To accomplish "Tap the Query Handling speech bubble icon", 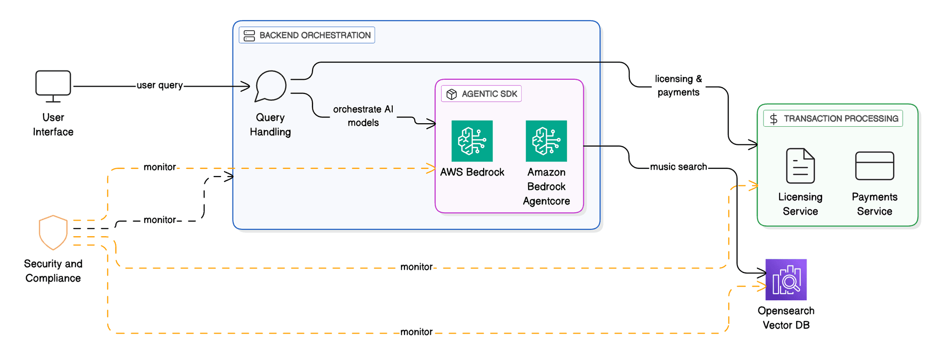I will coord(270,86).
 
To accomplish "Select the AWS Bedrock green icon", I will coord(472,141).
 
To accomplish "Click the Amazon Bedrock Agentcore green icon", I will coord(546,141).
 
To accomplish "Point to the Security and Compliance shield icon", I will coord(53,232).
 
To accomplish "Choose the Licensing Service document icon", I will coord(800,166).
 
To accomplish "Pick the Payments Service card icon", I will coord(874,166).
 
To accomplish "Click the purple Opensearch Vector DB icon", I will coord(786,280).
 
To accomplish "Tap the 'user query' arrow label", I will coord(159,85).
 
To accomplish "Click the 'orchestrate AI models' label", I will coord(363,116).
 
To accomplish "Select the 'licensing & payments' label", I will coord(678,86).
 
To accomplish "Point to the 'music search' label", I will coord(678,167).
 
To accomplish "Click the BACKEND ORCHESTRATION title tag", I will coord(307,35).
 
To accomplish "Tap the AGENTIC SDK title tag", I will coord(482,94).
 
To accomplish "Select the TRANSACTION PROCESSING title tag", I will coord(833,118).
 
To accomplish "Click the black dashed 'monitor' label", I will coord(159,220).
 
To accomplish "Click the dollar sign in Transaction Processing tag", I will coord(774,119).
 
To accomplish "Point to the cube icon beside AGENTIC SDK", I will coord(451,94).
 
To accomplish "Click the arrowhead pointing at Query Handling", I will coord(246,87).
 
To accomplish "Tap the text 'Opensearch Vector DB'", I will coord(786,318).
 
